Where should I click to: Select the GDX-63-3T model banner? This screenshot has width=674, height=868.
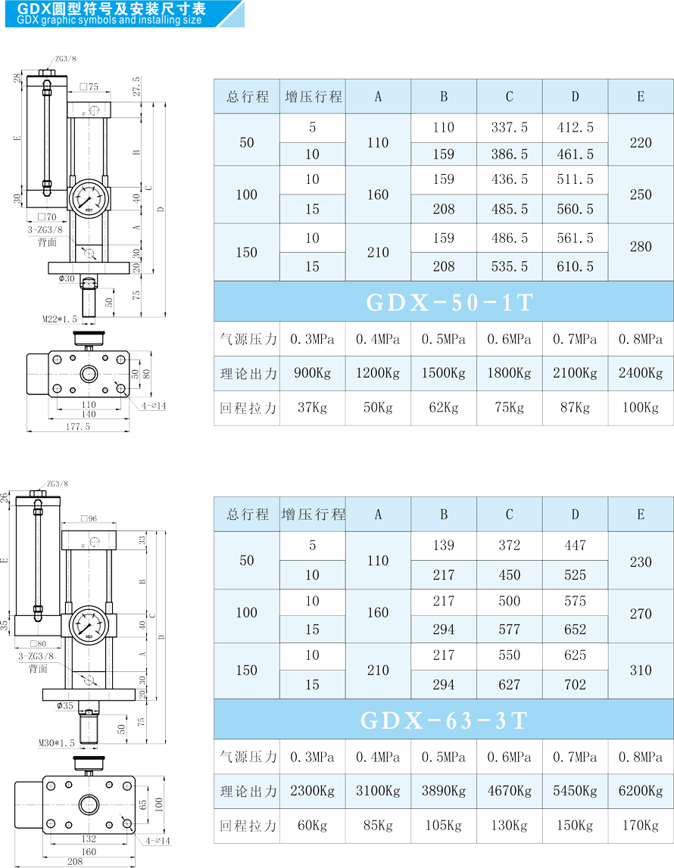[x=444, y=720]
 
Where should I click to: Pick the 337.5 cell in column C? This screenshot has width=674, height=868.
[x=510, y=128]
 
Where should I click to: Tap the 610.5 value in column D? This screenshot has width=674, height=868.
[x=575, y=266]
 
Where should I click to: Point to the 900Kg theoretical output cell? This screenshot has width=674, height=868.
[x=312, y=373]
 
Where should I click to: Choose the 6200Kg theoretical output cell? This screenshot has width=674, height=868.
[x=640, y=791]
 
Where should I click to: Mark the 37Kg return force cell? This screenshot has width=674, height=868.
[x=312, y=408]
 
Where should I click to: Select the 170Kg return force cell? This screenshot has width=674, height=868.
[x=640, y=826]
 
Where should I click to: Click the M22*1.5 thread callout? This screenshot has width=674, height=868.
[x=60, y=319]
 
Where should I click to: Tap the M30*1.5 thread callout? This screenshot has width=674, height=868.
[x=57, y=743]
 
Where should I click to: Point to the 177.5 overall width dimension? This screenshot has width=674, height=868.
[x=77, y=427]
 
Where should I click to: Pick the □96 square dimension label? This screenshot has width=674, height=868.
[x=89, y=519]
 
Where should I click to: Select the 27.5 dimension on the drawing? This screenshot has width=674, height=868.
[x=137, y=86]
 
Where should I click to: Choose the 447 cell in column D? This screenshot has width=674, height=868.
[x=575, y=546]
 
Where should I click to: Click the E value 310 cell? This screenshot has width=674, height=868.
[x=640, y=670]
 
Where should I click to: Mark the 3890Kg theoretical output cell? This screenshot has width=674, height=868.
[x=444, y=791]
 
